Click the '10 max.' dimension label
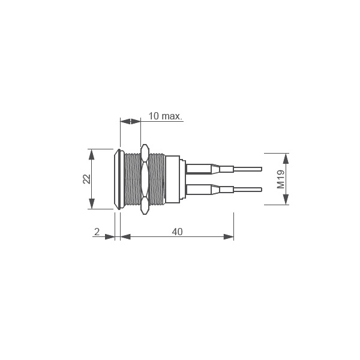[x=165, y=115]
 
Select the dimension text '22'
[x=86, y=179]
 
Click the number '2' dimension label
[x=97, y=232]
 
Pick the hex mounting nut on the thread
[x=144, y=179]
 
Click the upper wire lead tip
[x=260, y=169]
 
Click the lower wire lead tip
[x=260, y=190]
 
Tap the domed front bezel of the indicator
[x=116, y=179]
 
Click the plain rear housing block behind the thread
[x=173, y=179]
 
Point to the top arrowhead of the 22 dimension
[x=91, y=154]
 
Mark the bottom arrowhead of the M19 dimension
[x=286, y=200]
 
